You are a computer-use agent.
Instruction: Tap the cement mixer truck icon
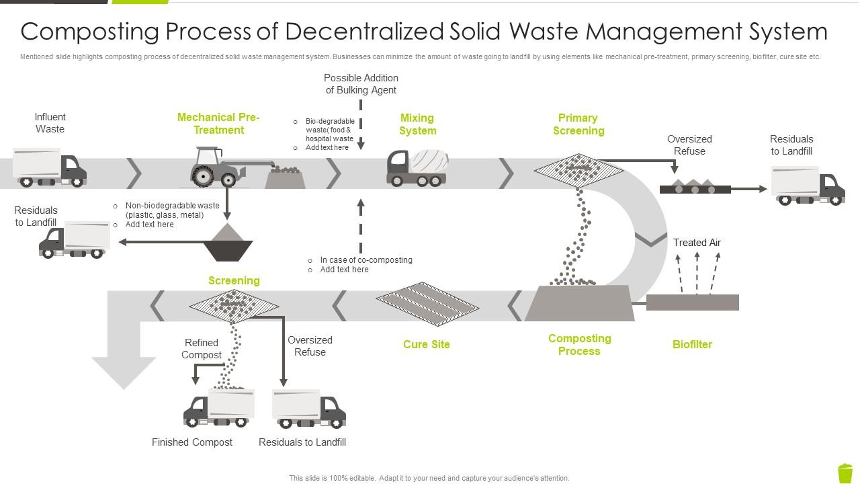pos(417,168)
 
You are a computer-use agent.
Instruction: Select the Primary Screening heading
pos(578,124)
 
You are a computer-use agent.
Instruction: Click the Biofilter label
pos(692,344)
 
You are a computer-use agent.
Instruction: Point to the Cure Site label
pos(426,344)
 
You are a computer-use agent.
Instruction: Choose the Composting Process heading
pos(579,344)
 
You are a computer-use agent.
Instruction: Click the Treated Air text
pos(697,243)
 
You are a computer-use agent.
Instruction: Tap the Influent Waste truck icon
pos(50,168)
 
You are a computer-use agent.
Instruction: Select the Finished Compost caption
pos(192,442)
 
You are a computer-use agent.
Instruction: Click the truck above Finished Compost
pos(218,407)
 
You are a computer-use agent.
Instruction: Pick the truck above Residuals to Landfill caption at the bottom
pos(309,409)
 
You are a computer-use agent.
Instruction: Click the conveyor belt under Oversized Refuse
pos(695,189)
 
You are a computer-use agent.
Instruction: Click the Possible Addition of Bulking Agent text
pos(361,84)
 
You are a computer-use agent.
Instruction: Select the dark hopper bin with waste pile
pos(228,243)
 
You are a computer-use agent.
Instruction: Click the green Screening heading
pos(234,280)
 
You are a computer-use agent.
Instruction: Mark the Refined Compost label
pos(202,349)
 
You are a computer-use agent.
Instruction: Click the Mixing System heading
pos(417,124)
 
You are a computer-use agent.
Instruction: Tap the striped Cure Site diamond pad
pos(427,305)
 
